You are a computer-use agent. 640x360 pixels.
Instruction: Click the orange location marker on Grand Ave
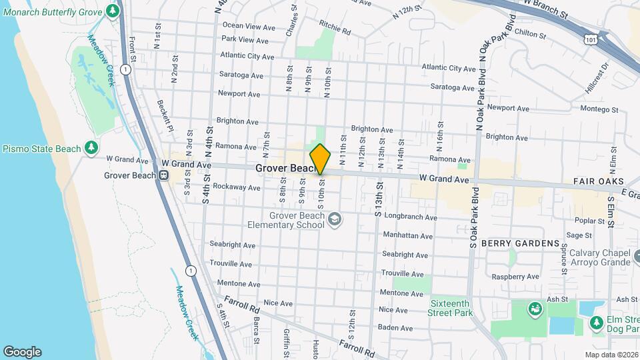click(320, 159)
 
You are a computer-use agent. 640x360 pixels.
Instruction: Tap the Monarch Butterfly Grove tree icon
click(112, 11)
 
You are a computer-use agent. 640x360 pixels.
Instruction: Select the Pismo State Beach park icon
click(92, 148)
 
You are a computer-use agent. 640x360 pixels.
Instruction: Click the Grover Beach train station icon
click(163, 176)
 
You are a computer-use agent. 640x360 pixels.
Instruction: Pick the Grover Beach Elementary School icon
click(335, 219)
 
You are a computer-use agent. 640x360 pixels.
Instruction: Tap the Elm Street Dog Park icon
click(597, 323)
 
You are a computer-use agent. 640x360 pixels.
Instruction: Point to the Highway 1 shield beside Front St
click(125, 69)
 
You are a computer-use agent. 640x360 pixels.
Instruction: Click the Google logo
click(22, 351)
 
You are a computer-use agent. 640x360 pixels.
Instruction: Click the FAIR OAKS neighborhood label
click(598, 181)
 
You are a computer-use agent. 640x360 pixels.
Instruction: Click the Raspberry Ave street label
click(515, 276)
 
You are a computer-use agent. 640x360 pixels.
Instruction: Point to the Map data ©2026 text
click(611, 355)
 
